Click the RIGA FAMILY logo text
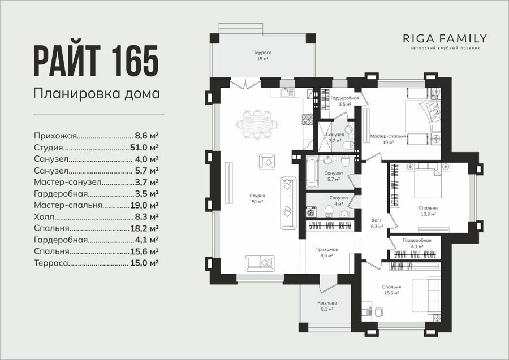coord(445,38)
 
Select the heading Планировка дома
coord(97,93)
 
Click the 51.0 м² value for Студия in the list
coord(144,148)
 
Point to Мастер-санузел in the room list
coord(68,182)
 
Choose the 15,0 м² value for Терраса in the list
coord(144,263)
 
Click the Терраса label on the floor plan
coord(262,53)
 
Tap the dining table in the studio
coord(257,124)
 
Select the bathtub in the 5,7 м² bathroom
coord(312,171)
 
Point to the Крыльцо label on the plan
coord(327,303)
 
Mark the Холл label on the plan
coord(377,220)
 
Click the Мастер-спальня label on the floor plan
coord(388,137)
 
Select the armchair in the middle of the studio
coord(267,162)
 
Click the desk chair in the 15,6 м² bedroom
coord(378,311)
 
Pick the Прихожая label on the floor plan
coord(326,249)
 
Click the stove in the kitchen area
coord(308,119)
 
